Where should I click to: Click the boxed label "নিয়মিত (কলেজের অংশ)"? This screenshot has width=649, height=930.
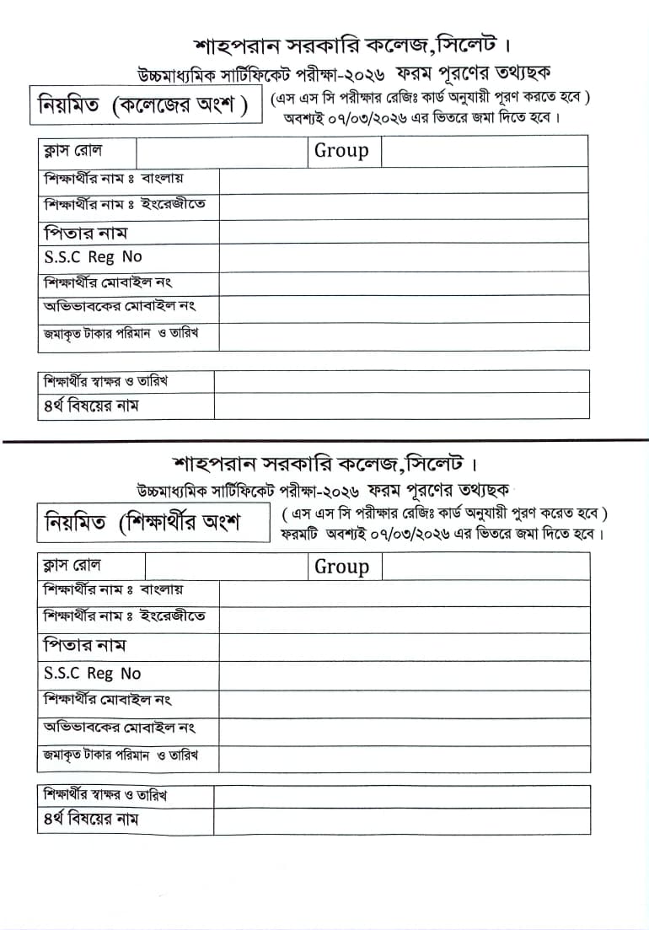coord(143,106)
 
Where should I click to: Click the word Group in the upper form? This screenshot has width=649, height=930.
coord(341,151)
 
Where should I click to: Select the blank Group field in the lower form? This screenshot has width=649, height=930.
coord(485,567)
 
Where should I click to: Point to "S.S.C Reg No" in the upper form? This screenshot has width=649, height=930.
coord(93,257)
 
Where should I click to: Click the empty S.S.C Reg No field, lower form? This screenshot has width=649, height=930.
coord(404,674)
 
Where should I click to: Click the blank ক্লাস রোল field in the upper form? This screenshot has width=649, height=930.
coord(221,151)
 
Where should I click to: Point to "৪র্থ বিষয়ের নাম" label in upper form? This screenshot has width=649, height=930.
coord(91,406)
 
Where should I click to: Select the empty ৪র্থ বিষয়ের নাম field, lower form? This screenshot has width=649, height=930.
coord(401,820)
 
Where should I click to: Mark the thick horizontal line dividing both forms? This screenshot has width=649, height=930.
coord(324,441)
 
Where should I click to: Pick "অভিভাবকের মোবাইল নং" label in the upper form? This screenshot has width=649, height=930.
coord(120,307)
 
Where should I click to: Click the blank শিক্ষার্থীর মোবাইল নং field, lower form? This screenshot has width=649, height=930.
coord(404,701)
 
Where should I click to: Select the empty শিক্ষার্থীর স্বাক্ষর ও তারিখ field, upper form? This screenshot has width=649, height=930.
coord(401,381)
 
